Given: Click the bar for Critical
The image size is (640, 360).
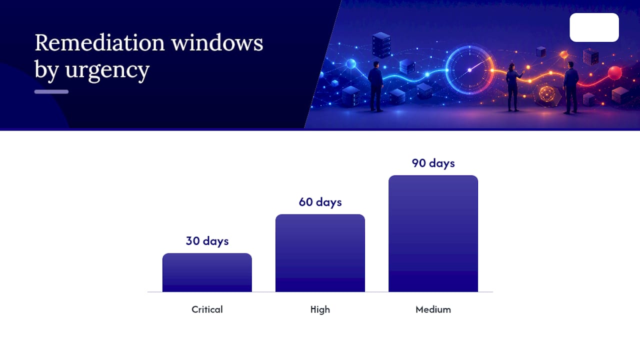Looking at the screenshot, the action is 207,272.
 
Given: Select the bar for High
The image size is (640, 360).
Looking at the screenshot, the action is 320,253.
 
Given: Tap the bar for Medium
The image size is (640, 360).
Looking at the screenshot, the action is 433,233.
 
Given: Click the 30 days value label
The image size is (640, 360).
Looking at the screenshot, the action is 207,241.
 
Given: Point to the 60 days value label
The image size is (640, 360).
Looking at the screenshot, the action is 320,202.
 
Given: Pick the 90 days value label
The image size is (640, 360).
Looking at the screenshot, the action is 433,163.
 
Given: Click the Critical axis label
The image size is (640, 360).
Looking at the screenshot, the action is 207,309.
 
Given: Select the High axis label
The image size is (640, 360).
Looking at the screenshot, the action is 320,309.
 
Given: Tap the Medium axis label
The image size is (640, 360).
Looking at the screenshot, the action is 433,309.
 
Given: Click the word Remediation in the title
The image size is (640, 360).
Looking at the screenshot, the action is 99,43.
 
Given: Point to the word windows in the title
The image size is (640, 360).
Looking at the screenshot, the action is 217,43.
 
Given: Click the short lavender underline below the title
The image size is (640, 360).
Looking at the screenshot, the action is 51,91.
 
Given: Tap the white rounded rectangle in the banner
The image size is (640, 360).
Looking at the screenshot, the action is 594,27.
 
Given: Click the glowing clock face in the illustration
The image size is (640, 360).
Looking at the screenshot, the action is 469,70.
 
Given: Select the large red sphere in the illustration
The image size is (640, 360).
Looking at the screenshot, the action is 615,72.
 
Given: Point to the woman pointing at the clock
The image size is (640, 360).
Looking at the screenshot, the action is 513,87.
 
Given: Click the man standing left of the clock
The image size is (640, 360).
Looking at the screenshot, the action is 375,86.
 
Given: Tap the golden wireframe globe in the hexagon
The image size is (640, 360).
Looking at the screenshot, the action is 546,94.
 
